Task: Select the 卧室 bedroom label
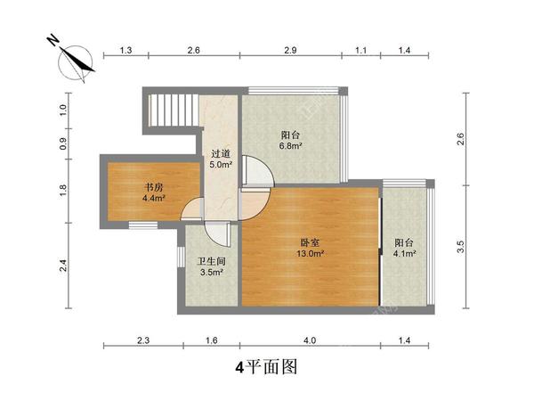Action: [309, 241]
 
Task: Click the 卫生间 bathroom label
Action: [210, 262]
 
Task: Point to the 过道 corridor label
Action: [221, 152]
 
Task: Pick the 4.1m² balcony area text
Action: [405, 253]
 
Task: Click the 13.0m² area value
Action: [310, 253]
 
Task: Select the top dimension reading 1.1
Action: [361, 52]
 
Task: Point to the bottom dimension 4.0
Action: [309, 340]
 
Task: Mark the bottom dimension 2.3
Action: [143, 340]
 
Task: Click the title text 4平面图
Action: [265, 366]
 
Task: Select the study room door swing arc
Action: [190, 209]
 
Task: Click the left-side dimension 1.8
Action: [63, 190]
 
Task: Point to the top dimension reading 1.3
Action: [125, 52]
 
